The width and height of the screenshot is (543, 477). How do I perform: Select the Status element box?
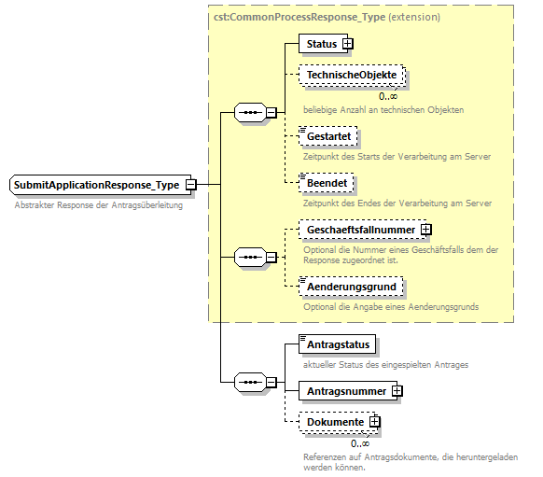coord(320,43)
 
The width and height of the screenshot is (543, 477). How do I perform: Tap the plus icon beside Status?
coord(348,43)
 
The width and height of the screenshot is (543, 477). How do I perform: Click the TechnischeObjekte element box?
coord(352,76)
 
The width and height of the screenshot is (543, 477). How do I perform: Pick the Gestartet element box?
coord(327,136)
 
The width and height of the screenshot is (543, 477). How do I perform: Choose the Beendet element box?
coord(326,184)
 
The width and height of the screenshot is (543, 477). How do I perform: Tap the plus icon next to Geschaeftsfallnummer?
coord(425,229)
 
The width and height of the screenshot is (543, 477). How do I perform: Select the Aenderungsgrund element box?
coord(351,285)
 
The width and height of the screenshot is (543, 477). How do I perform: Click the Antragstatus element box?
coord(338,344)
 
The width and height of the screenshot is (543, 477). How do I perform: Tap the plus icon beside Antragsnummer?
coord(397,390)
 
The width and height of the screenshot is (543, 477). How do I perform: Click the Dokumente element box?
coord(334,422)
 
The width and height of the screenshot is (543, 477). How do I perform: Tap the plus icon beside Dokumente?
coord(375,422)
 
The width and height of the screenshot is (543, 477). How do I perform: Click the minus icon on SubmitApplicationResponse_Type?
coord(191,185)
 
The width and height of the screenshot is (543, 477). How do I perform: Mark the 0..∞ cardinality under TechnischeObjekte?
coord(388,95)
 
